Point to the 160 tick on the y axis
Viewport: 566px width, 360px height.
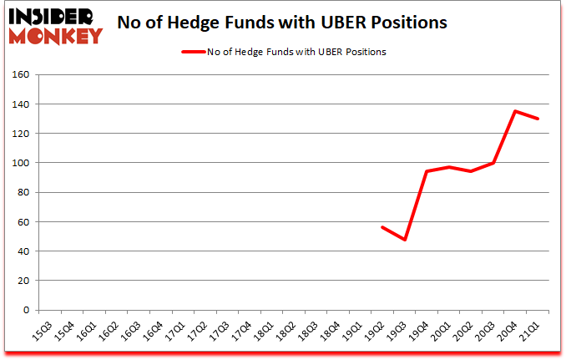(x=22, y=75)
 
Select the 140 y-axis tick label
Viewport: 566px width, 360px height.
(x=22, y=104)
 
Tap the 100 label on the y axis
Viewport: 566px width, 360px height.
(x=22, y=163)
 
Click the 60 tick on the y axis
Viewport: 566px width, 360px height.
(x=24, y=222)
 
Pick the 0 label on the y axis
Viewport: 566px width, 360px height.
(x=27, y=310)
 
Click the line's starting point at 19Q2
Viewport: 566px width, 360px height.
(x=382, y=227)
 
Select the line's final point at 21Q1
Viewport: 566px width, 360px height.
(x=538, y=119)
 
